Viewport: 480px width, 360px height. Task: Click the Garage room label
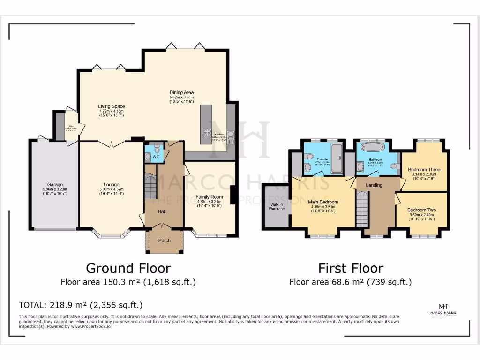point(55,184)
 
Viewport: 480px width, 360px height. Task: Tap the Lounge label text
point(112,184)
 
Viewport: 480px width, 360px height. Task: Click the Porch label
point(165,240)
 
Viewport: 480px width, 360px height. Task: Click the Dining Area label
point(181,92)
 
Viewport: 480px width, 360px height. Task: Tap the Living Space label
point(111,106)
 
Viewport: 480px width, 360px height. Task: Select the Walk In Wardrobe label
point(277,207)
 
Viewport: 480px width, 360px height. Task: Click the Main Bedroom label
point(323,202)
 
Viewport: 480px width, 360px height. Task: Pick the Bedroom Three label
point(424,169)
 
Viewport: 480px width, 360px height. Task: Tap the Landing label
point(374,185)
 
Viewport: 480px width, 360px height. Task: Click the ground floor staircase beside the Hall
point(150,186)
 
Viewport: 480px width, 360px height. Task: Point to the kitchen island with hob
point(206,124)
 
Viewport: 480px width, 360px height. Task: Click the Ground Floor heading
point(128,268)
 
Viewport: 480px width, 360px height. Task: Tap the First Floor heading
point(350,268)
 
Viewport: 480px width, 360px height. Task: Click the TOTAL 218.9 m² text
point(80,304)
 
